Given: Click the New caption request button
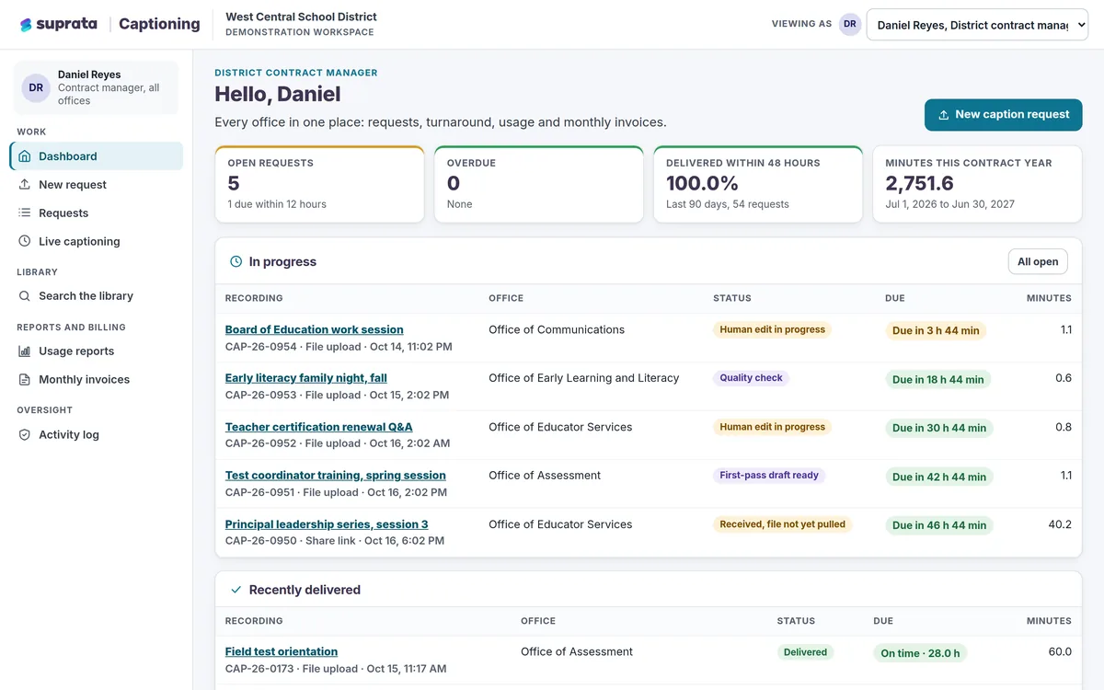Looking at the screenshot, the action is pos(1003,115).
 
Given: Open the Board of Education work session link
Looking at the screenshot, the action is pos(314,329).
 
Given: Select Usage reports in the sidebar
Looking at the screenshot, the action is pos(76,351).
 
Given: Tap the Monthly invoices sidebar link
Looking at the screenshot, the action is pos(84,379).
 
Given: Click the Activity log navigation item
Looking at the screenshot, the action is pos(68,434).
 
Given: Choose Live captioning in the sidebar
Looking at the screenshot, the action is pos(79,241).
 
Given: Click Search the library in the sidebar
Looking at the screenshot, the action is pos(86,295).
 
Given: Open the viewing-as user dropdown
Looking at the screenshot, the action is pos(977,25).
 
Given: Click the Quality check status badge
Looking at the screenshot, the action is pos(751,378).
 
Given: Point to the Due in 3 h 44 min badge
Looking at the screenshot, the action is pos(936,330).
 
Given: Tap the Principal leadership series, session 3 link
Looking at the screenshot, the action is pos(327,523).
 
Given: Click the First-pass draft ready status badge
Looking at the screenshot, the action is pos(769,475).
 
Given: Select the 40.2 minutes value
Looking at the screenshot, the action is pos(1060,523).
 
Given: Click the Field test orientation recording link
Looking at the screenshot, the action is pos(282,651).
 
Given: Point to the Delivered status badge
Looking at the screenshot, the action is pos(805,652).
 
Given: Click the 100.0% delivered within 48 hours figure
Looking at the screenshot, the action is pos(702,183).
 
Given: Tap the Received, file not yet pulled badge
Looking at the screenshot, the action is pos(782,523).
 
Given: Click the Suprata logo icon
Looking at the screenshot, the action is pos(26,25).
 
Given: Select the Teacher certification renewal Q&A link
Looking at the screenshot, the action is pos(319,427).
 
